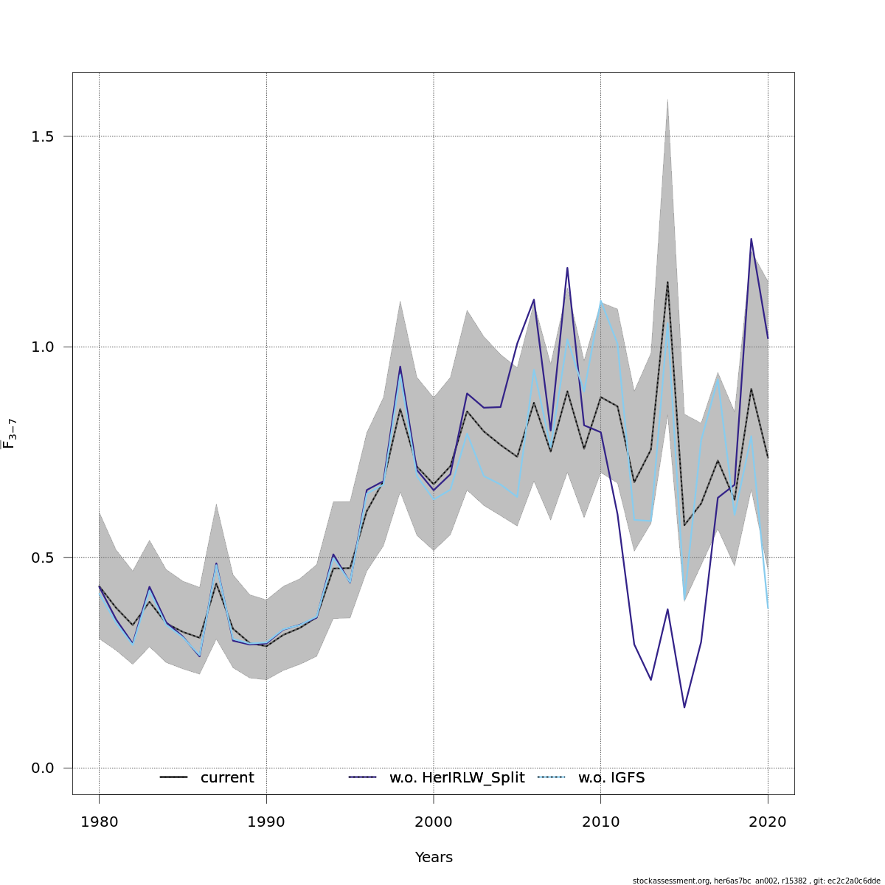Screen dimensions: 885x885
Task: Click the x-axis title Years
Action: pos(434,858)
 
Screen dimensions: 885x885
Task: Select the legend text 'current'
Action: pos(227,778)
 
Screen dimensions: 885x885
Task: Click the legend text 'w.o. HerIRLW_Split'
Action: pos(457,778)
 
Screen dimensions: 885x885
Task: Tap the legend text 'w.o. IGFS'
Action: pos(611,778)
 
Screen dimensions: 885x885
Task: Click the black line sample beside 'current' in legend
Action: pos(174,777)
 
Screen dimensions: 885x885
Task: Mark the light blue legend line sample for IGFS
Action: pos(551,777)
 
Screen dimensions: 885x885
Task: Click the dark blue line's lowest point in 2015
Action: pos(684,707)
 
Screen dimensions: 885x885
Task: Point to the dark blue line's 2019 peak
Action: pos(751,239)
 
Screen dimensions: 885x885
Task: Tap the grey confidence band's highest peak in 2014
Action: pos(667,99)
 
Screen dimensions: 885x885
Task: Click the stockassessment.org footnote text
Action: pos(756,881)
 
